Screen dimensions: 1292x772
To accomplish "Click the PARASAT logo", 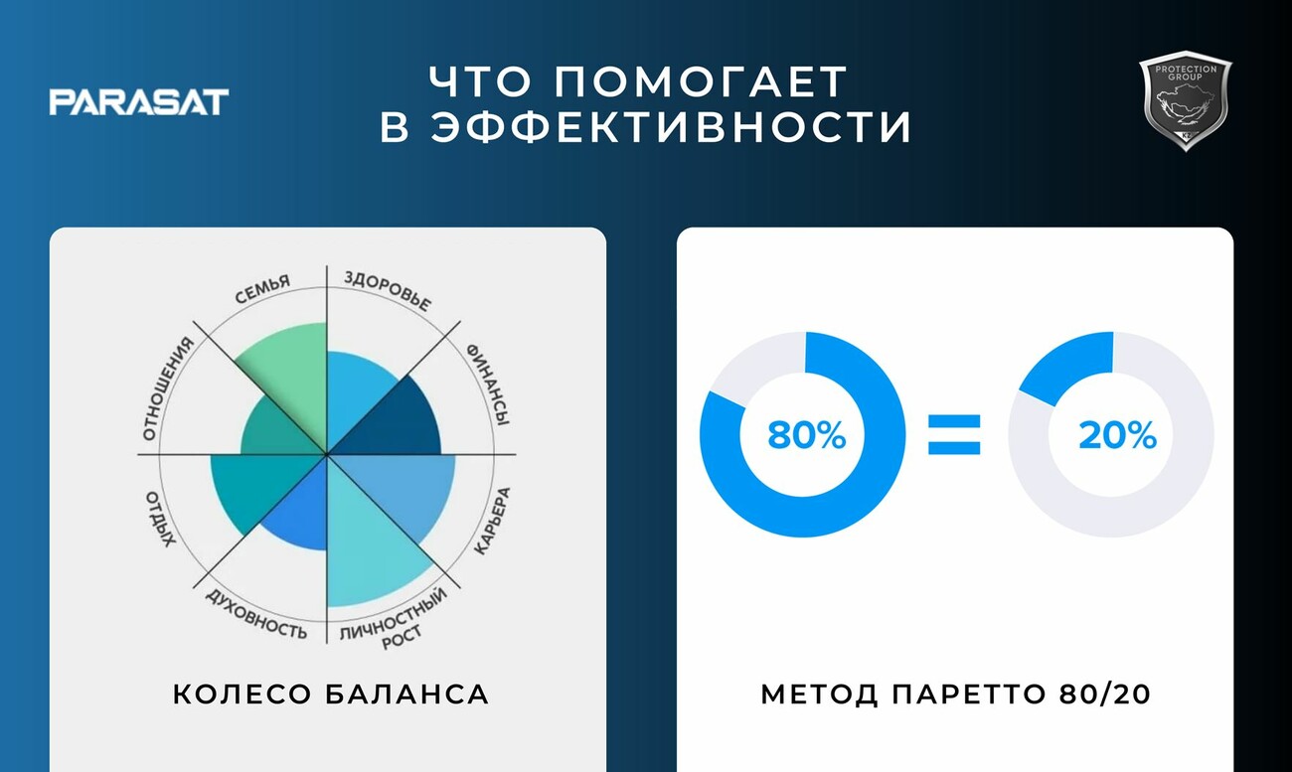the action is coord(139,102).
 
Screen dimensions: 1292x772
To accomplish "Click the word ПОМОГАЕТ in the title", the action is coord(701,81).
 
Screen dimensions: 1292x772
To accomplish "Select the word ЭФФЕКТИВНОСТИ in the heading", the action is coord(671,126).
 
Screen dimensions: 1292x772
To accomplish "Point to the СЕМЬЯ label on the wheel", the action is coord(262,289).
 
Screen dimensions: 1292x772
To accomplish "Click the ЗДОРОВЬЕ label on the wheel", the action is coord(389,290).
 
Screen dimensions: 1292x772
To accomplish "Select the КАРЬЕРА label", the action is coord(492,522).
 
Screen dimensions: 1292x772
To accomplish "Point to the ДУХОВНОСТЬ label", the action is coord(256,615).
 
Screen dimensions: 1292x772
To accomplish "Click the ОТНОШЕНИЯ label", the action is coord(167,389).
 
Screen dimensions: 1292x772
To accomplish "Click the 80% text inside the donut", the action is coord(806,435).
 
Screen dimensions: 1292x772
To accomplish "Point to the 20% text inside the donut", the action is coord(1117,435).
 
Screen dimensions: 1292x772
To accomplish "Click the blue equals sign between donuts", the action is coord(954,435).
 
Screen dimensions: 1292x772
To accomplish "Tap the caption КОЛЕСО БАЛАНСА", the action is coord(331,695).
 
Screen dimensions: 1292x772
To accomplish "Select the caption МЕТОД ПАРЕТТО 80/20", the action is coord(956,695).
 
